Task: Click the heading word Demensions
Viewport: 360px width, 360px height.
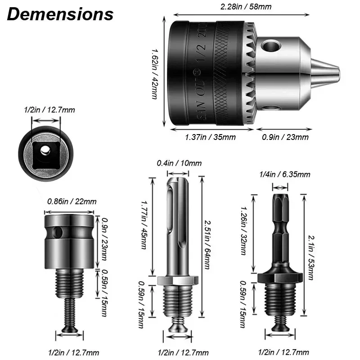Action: point(60,14)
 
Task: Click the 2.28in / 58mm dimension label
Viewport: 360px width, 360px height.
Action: point(245,6)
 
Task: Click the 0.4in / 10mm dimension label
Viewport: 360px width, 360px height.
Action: point(179,163)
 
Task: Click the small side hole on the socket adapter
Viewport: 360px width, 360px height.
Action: point(57,232)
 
